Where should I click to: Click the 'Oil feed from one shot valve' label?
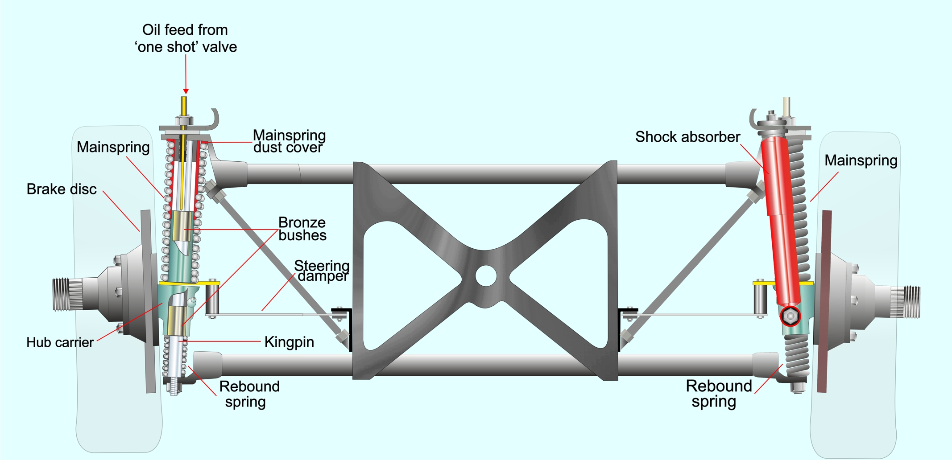point(186,38)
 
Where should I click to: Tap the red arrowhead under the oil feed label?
point(186,91)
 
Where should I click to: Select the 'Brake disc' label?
point(62,189)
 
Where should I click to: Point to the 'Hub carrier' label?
point(60,342)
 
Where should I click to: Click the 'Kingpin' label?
point(289,342)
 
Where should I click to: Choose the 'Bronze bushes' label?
point(302,229)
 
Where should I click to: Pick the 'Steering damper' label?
point(322,271)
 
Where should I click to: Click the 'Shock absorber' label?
point(687,137)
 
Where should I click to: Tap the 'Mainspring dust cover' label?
point(289,141)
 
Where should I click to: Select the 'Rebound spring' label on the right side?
point(718,394)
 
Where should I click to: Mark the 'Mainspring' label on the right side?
point(861,160)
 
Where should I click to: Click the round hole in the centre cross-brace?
point(486,276)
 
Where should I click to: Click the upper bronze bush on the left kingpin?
point(182,226)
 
